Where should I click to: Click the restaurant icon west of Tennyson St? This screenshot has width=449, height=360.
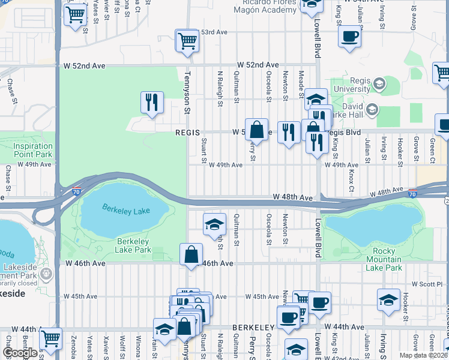[x=152, y=102]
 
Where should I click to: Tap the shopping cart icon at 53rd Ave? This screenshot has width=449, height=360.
[x=187, y=41]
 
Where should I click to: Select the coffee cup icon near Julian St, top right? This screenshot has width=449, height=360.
[x=349, y=35]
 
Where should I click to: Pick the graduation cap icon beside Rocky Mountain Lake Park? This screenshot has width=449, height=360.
[x=388, y=299]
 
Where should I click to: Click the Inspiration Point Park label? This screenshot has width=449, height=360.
[x=34, y=150]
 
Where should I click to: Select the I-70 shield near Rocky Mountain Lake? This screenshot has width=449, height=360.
[x=412, y=194]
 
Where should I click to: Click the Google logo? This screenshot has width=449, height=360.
[x=20, y=353]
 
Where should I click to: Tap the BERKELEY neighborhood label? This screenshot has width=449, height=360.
[x=253, y=326]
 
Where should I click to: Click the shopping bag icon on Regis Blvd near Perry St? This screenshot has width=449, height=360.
[x=256, y=130]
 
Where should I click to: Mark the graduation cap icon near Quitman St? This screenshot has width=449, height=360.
[x=214, y=224]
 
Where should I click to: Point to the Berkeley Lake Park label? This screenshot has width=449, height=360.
[x=133, y=245]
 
